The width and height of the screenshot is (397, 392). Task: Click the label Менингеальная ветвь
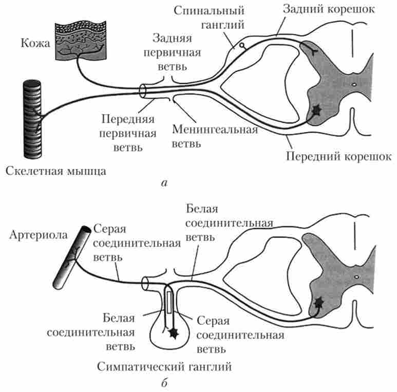(x=215, y=135)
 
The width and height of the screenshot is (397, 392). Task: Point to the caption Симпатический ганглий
(x=165, y=367)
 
